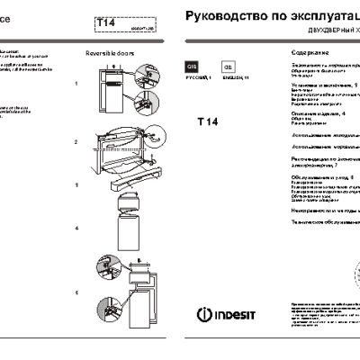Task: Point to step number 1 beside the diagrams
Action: tap(77, 83)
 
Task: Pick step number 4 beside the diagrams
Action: tap(77, 228)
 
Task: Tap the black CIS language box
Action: tap(191, 67)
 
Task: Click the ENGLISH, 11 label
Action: tap(235, 81)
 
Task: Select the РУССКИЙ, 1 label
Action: tap(197, 81)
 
